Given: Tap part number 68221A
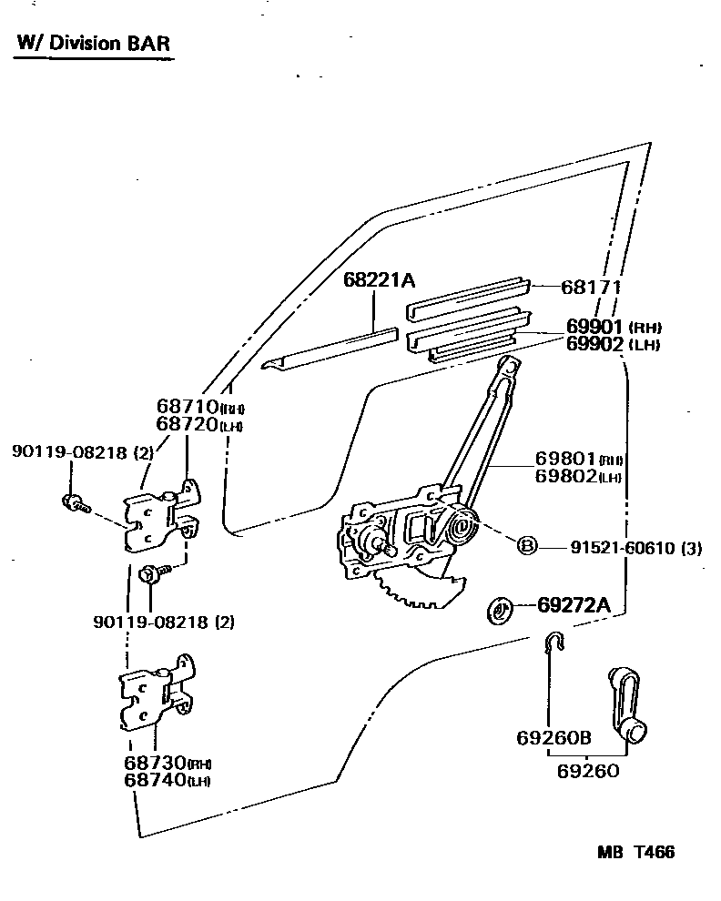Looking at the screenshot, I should [x=379, y=279].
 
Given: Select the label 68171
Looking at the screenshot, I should [x=591, y=287].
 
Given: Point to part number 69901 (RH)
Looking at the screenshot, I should [x=613, y=327].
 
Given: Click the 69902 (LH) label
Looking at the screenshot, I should [x=612, y=344].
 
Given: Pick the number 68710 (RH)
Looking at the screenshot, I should [x=199, y=407].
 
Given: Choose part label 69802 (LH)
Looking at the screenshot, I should [x=578, y=476].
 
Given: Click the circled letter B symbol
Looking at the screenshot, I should [x=527, y=546].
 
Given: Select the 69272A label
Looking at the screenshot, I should [x=573, y=603].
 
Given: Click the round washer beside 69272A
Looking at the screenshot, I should [x=500, y=611].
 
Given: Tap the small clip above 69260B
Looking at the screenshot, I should [x=553, y=644].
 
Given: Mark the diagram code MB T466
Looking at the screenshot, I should [x=636, y=853].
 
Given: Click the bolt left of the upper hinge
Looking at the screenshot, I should [x=72, y=501].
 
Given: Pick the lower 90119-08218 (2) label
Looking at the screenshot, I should [x=163, y=623].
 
